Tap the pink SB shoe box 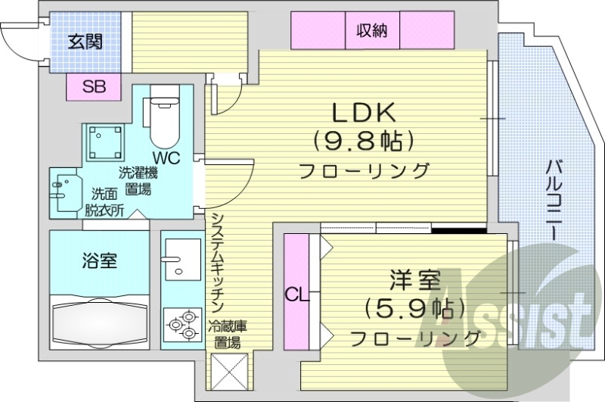point(94,86)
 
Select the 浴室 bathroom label point(99,261)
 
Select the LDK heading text point(365,113)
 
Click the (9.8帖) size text point(365,141)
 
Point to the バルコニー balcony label point(554,199)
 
